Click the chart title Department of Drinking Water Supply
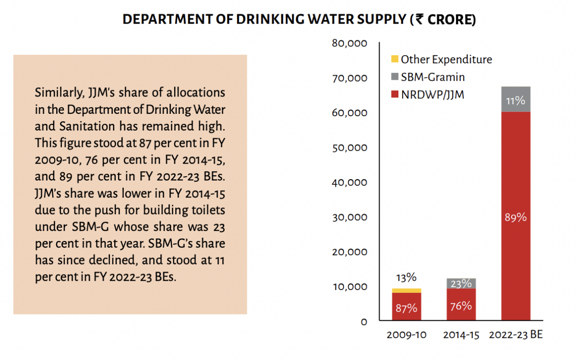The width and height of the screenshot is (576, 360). (x=299, y=20)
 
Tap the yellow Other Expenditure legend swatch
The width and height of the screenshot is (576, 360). (x=395, y=60)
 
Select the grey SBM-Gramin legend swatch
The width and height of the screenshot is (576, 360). (x=395, y=77)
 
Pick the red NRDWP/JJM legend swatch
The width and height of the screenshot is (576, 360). (x=395, y=95)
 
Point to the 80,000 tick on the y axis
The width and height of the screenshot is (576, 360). (x=349, y=43)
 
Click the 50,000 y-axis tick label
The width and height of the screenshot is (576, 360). (x=349, y=148)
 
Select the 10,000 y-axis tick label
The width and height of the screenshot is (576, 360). (x=349, y=287)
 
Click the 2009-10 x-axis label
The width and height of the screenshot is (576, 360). (x=406, y=335)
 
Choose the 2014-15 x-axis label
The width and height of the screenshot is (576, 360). (x=461, y=335)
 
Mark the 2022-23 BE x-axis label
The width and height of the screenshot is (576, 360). (x=516, y=335)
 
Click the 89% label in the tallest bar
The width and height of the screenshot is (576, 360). (x=516, y=217)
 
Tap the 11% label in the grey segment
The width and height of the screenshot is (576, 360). (x=516, y=101)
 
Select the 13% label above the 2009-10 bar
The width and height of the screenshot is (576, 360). (x=406, y=277)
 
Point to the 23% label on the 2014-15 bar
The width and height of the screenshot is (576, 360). (x=461, y=284)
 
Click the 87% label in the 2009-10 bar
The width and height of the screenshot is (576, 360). (x=406, y=308)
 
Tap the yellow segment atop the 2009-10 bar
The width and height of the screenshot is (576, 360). (x=406, y=290)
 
